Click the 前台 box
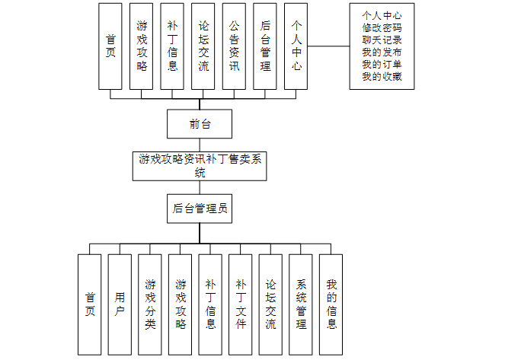(x=200, y=124)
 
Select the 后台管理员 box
(x=200, y=208)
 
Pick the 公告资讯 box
(x=234, y=46)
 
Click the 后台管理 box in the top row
(x=265, y=46)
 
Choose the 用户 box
(x=120, y=304)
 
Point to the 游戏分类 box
(x=150, y=304)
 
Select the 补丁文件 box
(x=241, y=304)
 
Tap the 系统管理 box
(x=301, y=304)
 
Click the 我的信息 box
(x=331, y=304)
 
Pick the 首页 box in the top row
(x=110, y=46)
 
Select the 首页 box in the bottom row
(x=90, y=304)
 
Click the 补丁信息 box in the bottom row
(x=210, y=304)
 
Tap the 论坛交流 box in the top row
(x=203, y=46)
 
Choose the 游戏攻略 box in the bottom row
(x=181, y=304)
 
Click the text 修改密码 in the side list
(x=382, y=27)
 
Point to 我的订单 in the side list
(x=382, y=64)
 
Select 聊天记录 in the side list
(x=382, y=39)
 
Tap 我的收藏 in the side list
(x=382, y=76)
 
